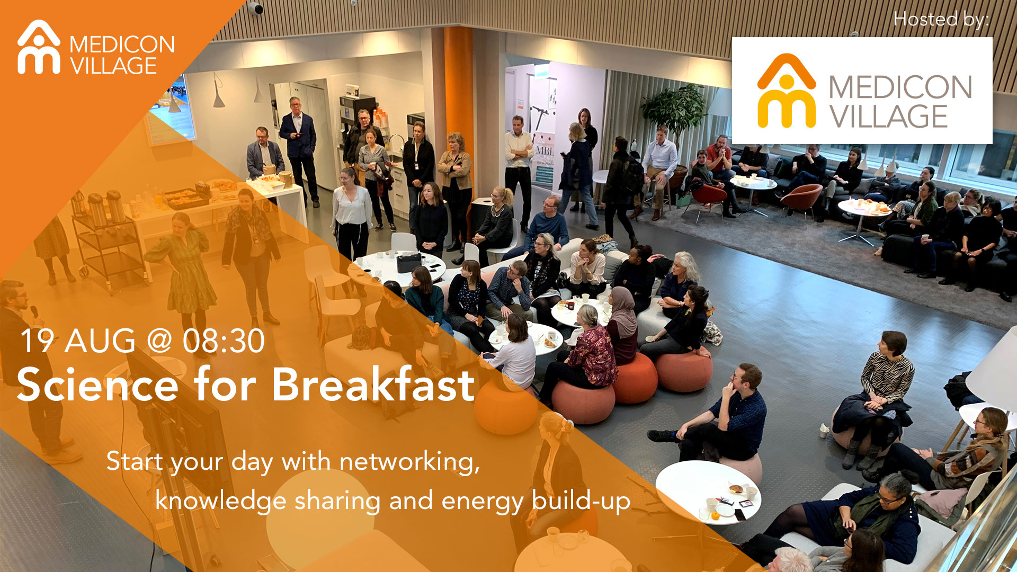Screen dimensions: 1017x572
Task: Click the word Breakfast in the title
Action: tap(373, 385)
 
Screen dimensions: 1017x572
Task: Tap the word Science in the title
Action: tap(97, 385)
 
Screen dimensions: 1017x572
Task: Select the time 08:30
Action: tap(224, 341)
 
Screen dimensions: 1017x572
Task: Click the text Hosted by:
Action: tap(941, 20)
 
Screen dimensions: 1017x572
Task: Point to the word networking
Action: tap(409, 462)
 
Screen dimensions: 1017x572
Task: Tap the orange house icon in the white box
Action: tap(786, 91)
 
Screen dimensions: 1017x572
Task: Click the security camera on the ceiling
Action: tap(256, 8)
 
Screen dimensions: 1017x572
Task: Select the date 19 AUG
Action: tap(77, 341)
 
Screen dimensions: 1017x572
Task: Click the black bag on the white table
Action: tap(409, 263)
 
